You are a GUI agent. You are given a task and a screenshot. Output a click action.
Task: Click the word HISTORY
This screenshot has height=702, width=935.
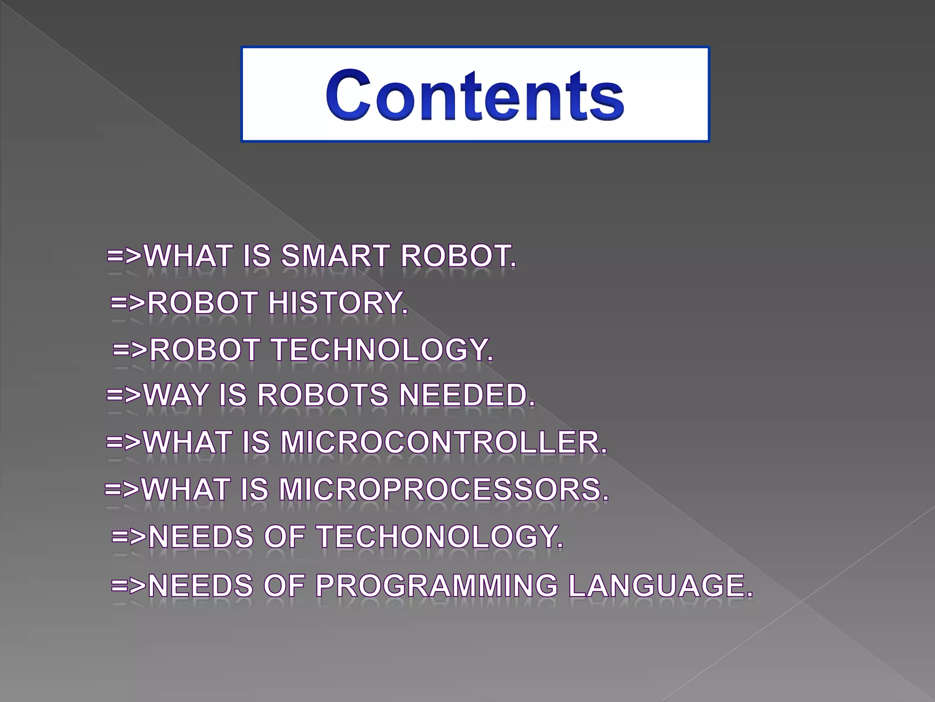tap(338, 303)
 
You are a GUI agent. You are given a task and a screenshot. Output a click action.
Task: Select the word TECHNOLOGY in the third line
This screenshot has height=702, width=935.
tap(383, 350)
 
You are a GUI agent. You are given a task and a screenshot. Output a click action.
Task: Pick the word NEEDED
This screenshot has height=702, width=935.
tap(467, 394)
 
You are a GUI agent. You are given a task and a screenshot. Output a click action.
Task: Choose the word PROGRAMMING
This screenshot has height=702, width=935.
tap(436, 585)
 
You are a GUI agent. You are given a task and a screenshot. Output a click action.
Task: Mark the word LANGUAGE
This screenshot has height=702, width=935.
tap(660, 585)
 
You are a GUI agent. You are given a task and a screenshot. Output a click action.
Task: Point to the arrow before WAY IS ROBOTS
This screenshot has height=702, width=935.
tap(124, 394)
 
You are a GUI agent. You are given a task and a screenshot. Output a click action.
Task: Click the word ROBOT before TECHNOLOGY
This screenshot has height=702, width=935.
tap(205, 350)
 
